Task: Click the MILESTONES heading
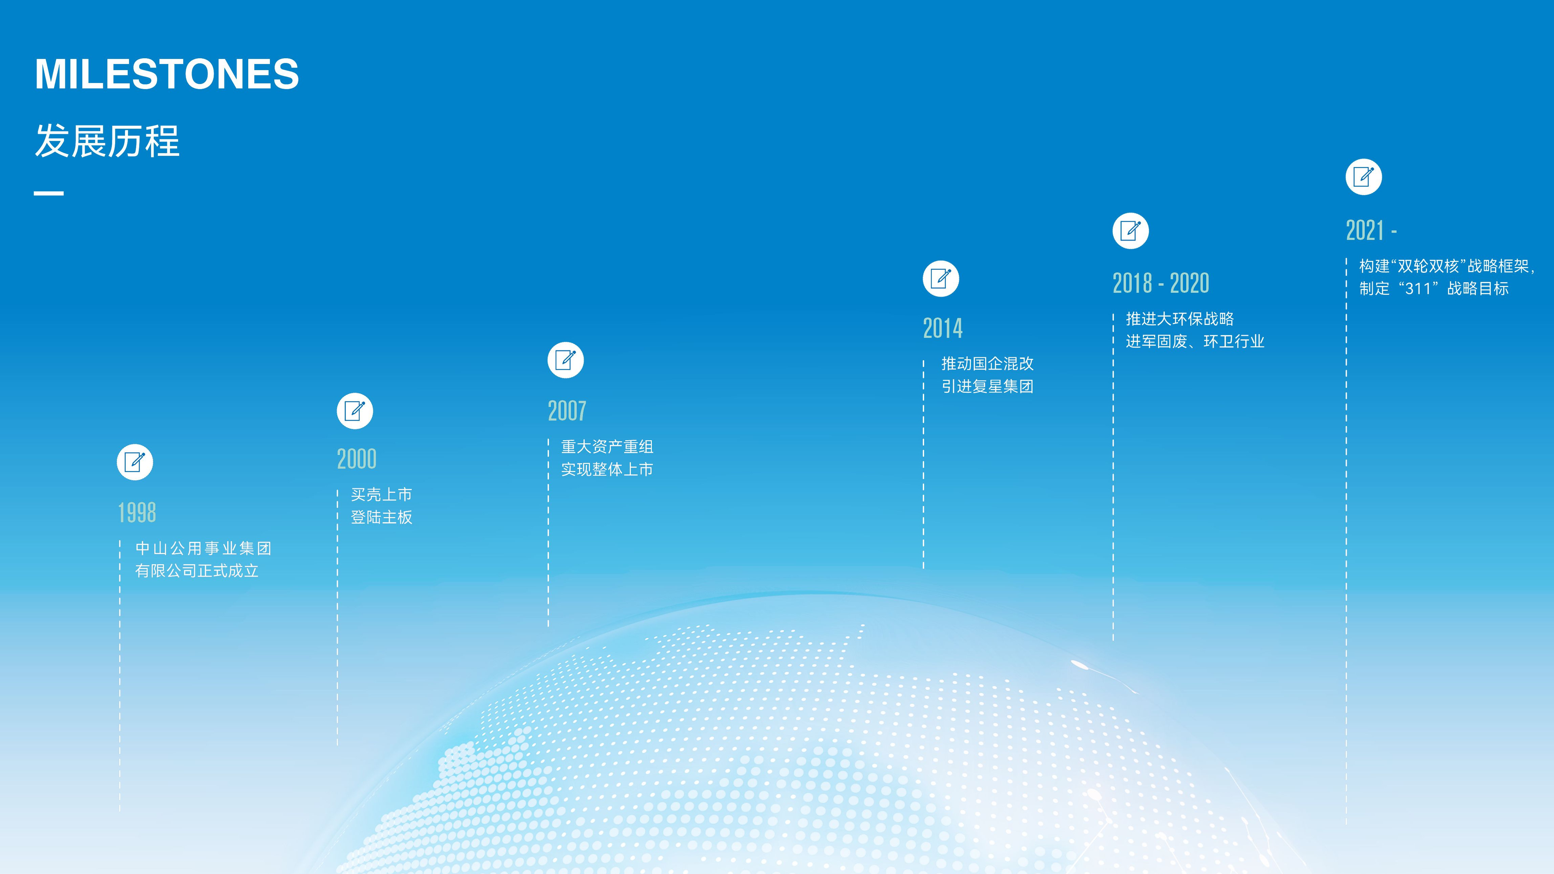pos(167,74)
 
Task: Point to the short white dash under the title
pos(49,193)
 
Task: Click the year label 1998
pos(137,512)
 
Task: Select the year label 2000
pos(357,459)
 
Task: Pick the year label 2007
pos(567,411)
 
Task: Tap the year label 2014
pos(943,328)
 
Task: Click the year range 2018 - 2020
pos(1161,283)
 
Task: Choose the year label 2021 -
pos(1371,230)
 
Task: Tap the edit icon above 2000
pos(355,411)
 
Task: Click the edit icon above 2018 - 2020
pos(1130,230)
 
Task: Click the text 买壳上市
pos(381,494)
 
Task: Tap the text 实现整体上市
pos(607,469)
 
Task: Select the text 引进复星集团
pos(987,386)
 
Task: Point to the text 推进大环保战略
pos(1180,319)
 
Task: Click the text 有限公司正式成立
pos(197,570)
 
